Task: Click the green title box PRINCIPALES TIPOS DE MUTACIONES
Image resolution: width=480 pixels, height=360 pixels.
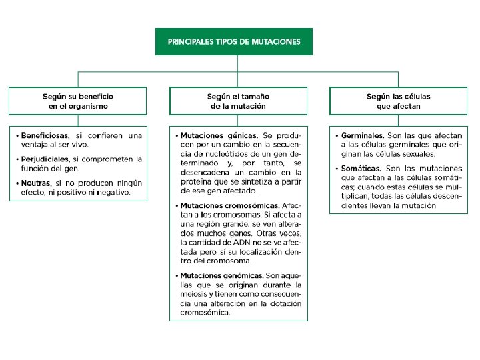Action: [x=233, y=41]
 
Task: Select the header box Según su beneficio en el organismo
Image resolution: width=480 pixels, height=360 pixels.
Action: [x=78, y=101]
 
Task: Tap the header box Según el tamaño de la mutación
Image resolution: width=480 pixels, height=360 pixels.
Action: [x=238, y=101]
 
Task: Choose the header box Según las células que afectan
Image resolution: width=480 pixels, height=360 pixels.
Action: [x=398, y=101]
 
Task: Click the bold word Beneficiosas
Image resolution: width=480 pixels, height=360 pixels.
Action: [x=45, y=135]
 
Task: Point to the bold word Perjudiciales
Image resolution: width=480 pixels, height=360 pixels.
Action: [x=45, y=159]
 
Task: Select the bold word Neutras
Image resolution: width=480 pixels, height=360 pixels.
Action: [x=36, y=182]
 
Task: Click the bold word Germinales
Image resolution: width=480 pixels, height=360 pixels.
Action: [x=363, y=135]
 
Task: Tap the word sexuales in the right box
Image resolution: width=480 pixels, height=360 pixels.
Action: [x=420, y=154]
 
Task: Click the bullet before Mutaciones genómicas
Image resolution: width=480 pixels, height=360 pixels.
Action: [x=177, y=276]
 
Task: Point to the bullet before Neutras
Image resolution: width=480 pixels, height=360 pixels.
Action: [x=17, y=183]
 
